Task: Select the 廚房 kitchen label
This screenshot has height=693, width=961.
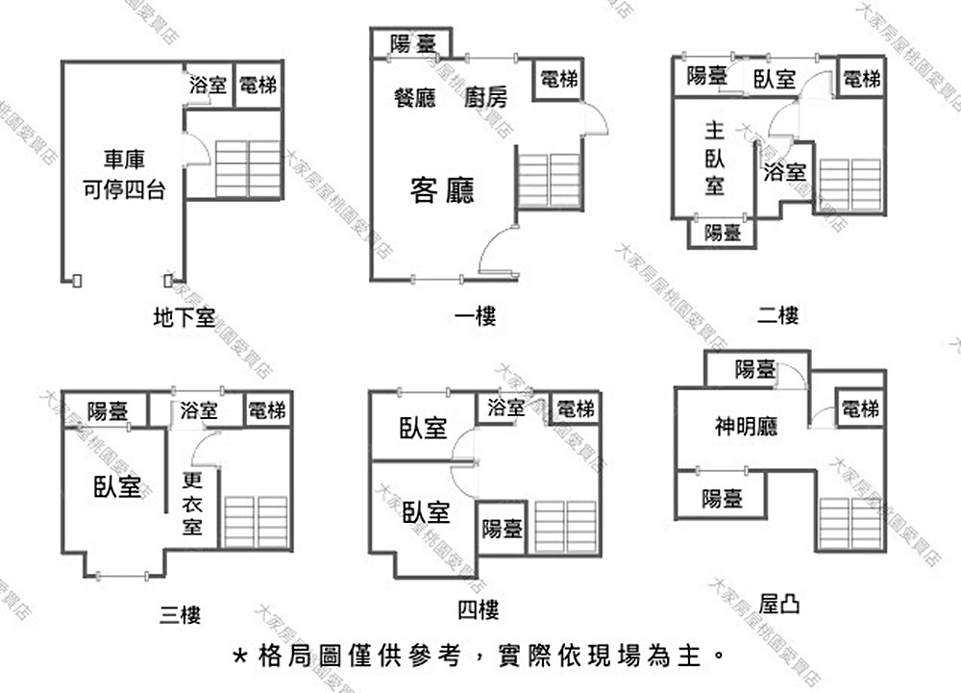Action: pos(485,97)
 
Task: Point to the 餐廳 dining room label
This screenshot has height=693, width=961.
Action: pos(415,97)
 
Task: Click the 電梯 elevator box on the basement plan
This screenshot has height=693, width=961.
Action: pos(258,86)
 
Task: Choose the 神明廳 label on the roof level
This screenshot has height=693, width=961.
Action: pos(746,425)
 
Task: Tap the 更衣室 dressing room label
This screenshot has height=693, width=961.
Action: pos(193,503)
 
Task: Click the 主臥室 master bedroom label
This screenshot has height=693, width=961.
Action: pos(714,158)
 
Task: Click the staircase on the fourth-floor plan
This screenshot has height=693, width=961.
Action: pos(565,527)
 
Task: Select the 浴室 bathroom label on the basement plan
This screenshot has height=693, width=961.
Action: pos(209,86)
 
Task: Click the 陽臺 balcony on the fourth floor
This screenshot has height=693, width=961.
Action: pos(502,528)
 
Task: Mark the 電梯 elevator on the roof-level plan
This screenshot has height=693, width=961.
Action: pos(859,409)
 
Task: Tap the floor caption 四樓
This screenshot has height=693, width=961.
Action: pos(479,609)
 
